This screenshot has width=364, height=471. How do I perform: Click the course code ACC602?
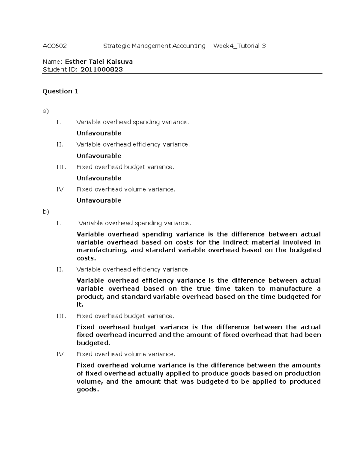tap(55, 46)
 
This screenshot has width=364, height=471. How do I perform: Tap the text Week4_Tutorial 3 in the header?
tap(239, 46)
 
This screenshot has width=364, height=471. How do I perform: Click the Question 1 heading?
tap(60, 91)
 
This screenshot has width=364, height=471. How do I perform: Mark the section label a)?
tap(45, 111)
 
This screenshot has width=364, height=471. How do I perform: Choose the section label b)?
tap(46, 212)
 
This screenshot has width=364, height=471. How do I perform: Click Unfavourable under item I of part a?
tap(99, 133)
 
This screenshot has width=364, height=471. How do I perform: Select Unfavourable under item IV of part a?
tap(99, 200)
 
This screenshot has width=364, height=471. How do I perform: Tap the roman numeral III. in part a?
tap(61, 167)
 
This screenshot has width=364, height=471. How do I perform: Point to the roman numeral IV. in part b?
tap(61, 354)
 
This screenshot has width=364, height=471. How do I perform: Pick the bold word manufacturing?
tap(101, 250)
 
